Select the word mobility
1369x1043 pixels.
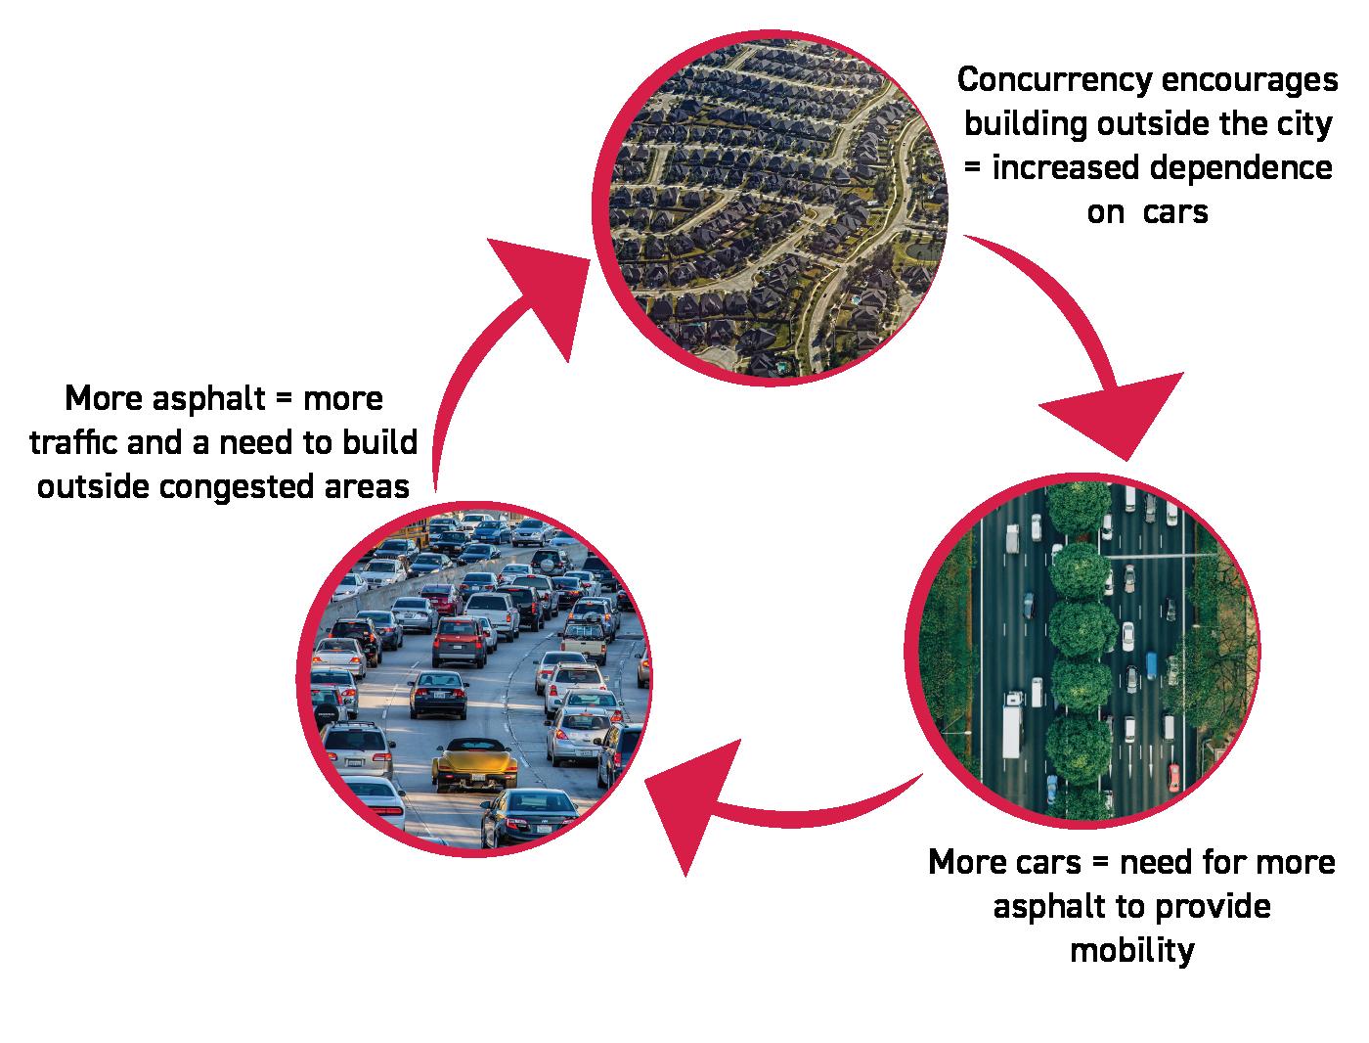pyautogui.click(x=1132, y=950)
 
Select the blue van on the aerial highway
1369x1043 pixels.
pyautogui.click(x=1151, y=666)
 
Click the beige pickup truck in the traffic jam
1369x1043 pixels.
pyautogui.click(x=584, y=637)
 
